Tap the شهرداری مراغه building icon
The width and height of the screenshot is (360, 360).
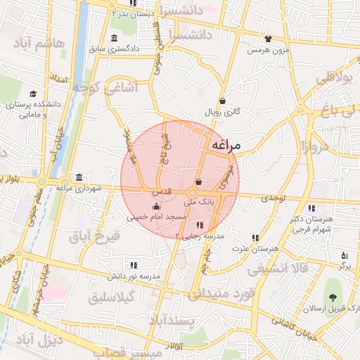(x=79, y=176)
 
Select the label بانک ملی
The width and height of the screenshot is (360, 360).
(x=197, y=201)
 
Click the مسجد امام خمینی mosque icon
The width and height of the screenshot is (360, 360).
(x=155, y=207)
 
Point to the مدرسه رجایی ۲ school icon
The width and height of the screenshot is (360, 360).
(x=200, y=225)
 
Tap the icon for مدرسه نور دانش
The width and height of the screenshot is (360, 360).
(x=134, y=265)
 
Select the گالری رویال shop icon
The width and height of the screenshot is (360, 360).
(x=222, y=101)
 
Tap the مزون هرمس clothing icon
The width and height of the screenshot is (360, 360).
(x=267, y=39)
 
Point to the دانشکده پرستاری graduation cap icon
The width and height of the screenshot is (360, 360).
(x=33, y=94)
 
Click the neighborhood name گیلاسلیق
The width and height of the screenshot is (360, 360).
(x=112, y=299)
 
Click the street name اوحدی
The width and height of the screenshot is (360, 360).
(x=275, y=200)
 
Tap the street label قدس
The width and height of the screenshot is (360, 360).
(x=162, y=191)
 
